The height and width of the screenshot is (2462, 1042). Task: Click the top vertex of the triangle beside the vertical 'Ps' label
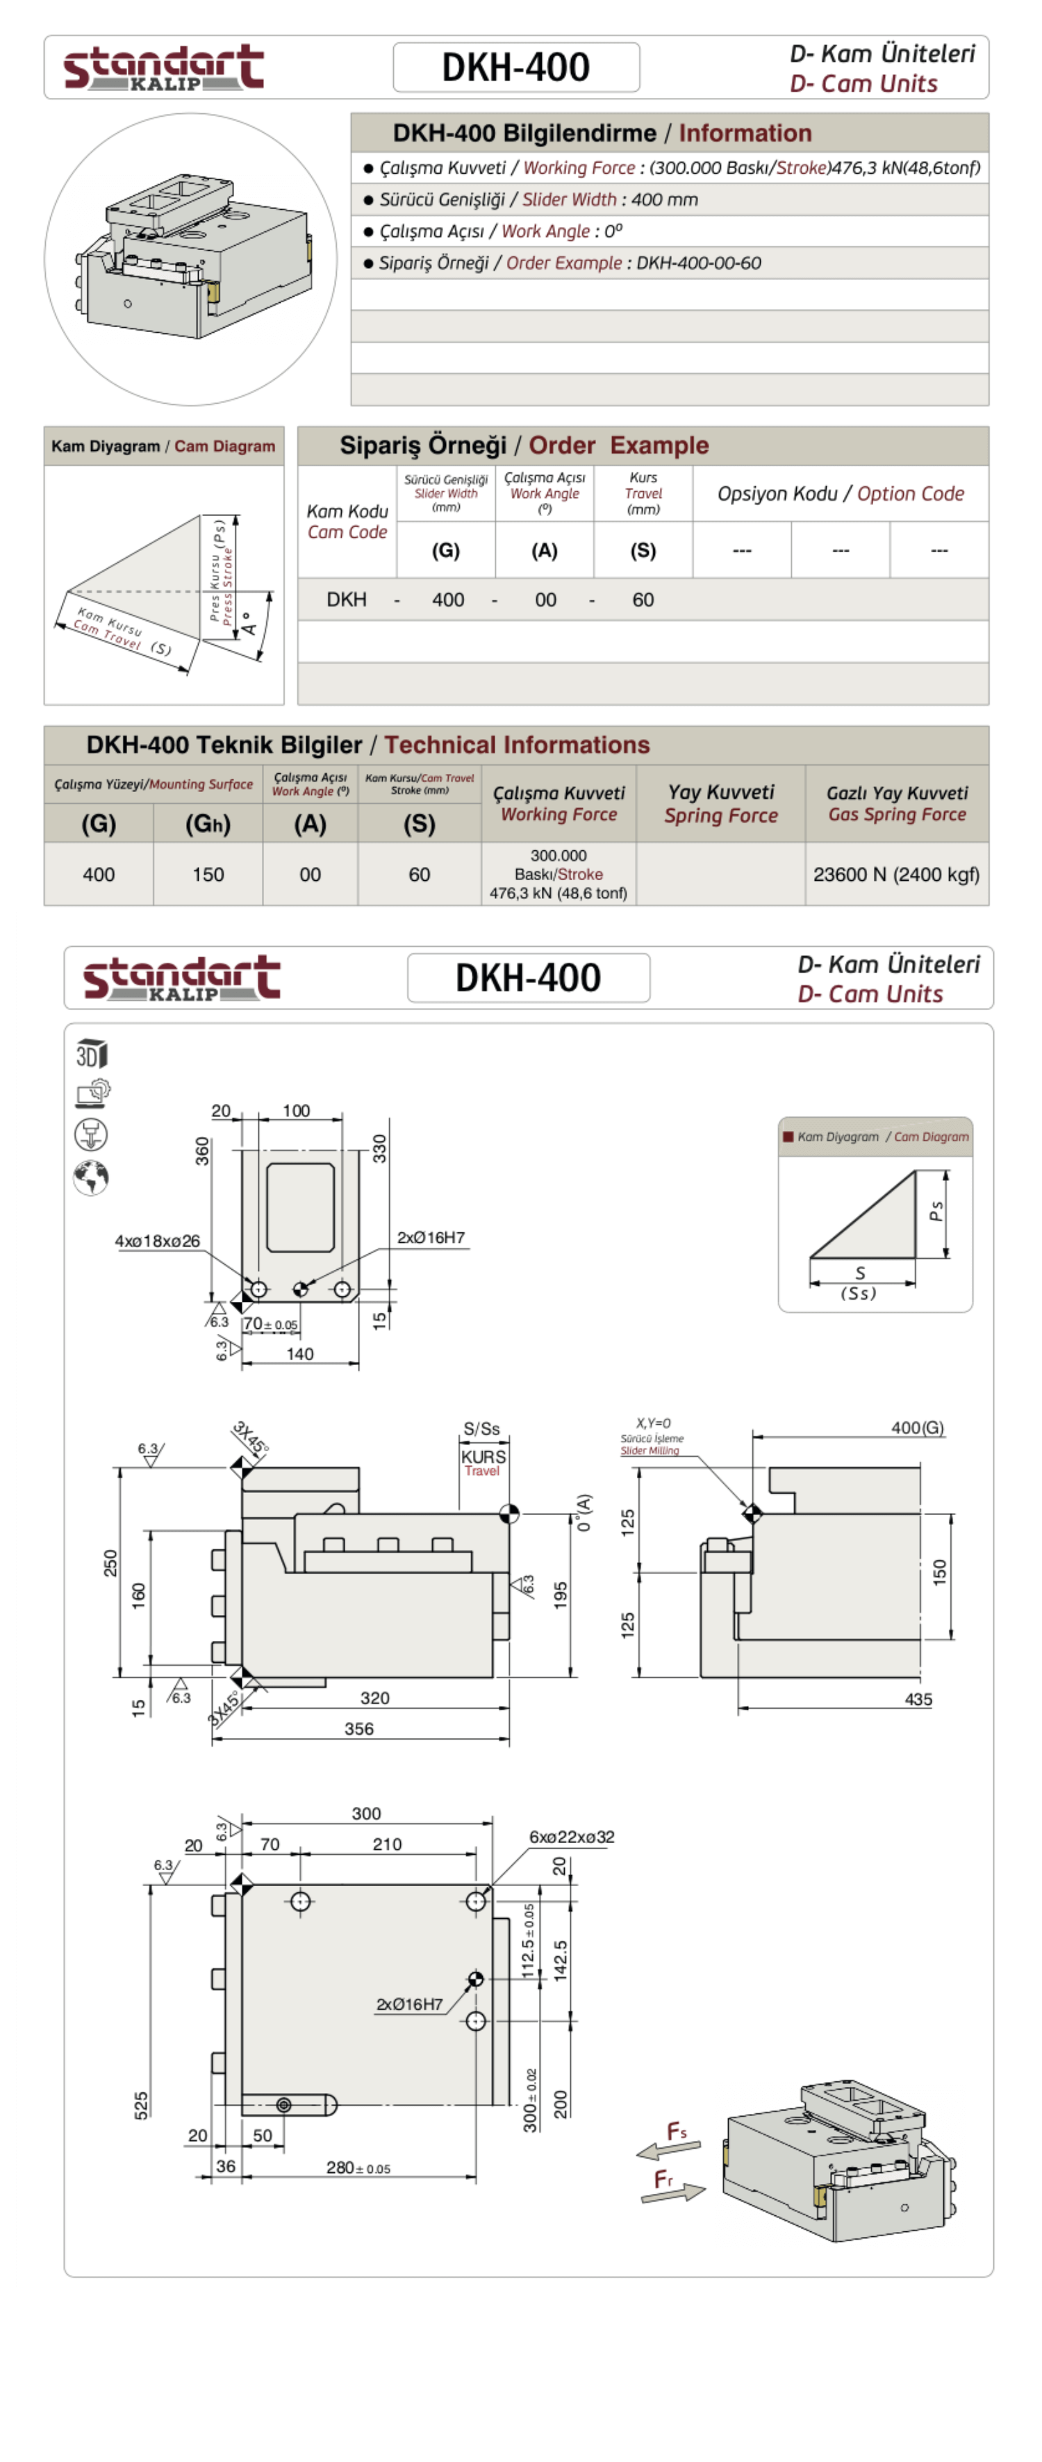(x=915, y=1173)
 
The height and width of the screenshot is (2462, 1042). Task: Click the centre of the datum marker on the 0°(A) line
(x=509, y=1514)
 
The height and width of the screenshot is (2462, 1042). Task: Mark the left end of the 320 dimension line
(x=242, y=1709)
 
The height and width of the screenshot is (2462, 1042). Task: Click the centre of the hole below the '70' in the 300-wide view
(x=300, y=1901)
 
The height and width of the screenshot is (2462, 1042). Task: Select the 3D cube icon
(x=92, y=1053)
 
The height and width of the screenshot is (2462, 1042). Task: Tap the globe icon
(x=91, y=1178)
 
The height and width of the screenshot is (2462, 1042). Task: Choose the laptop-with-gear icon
(x=92, y=1093)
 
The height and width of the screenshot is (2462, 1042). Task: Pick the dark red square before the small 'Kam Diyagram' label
(x=788, y=1137)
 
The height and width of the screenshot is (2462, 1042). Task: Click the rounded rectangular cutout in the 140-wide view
(x=301, y=1207)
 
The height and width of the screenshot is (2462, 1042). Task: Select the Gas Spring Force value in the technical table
(x=895, y=875)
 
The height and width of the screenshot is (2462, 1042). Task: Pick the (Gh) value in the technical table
(x=208, y=875)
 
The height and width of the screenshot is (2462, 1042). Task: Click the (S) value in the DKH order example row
(x=643, y=600)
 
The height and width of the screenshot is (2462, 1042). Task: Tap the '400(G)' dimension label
(x=918, y=1428)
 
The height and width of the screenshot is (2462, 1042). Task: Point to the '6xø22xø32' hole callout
(x=572, y=1837)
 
